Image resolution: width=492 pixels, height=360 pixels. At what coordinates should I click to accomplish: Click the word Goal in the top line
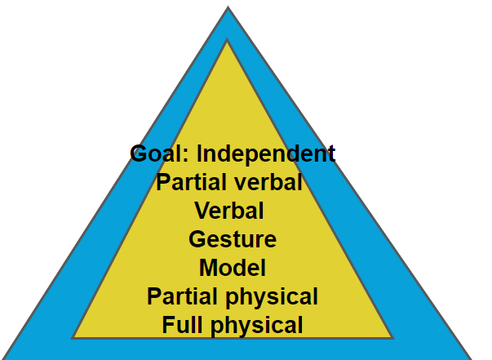[x=159, y=153]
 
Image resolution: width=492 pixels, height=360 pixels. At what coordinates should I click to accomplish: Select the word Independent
[x=267, y=153]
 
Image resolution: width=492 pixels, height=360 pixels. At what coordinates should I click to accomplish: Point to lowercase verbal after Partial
[x=267, y=182]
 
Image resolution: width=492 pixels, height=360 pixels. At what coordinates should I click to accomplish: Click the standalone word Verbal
[x=229, y=211]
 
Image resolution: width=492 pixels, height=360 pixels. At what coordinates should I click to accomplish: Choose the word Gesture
[x=233, y=239]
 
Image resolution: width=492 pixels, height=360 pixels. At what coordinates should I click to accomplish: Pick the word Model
[x=233, y=267]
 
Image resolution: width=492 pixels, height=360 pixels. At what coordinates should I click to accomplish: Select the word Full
[x=181, y=325]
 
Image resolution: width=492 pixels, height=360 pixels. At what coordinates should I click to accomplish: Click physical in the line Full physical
[x=255, y=325]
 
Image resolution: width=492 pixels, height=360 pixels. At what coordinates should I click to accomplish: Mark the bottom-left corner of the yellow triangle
[x=73, y=337]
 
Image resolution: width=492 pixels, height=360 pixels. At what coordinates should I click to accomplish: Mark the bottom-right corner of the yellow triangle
[x=392, y=337]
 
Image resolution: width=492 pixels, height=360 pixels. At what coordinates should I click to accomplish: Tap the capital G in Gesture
[x=197, y=239]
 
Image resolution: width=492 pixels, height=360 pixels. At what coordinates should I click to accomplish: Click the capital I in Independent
[x=201, y=153]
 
